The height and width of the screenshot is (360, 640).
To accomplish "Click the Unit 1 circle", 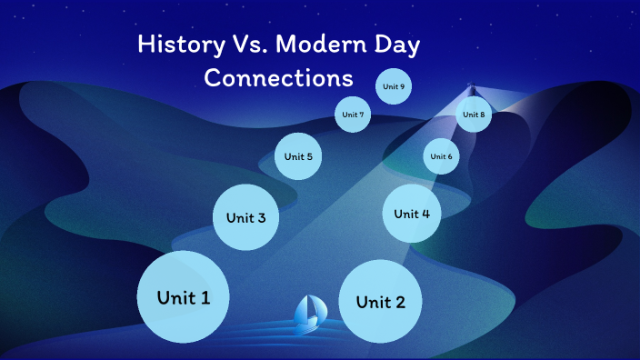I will tap(183, 296).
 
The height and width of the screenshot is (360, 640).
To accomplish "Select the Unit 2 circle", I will tap(380, 301).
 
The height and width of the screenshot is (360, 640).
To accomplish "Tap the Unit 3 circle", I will tap(245, 217).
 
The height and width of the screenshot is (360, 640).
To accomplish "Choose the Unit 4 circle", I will tap(411, 214).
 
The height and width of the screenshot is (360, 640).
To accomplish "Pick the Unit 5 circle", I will tap(298, 156).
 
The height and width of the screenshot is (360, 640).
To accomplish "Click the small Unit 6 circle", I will tap(441, 156).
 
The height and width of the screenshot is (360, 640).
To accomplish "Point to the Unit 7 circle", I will tap(353, 115).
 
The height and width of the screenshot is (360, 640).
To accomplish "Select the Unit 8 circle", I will tap(474, 115).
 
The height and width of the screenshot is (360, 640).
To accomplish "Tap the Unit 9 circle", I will tap(394, 86).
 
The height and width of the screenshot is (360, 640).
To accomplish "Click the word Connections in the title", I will tap(278, 77).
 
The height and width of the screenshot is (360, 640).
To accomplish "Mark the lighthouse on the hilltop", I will tap(471, 89).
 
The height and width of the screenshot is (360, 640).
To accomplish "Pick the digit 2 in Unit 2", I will tap(414, 302).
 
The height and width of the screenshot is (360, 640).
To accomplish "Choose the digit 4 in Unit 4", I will tap(425, 214).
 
